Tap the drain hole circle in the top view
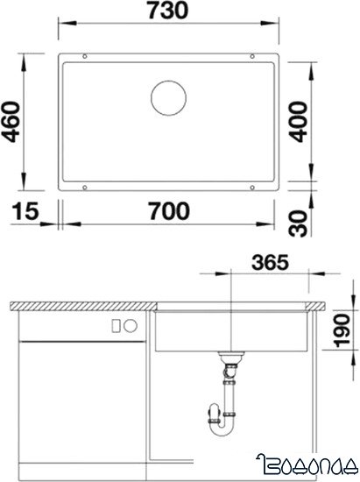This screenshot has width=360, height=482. (x=167, y=98)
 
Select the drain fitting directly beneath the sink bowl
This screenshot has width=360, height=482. (x=231, y=359)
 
